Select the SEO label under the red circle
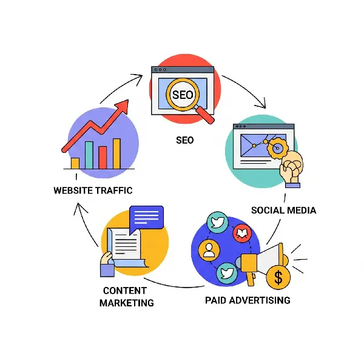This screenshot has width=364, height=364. click(185, 140)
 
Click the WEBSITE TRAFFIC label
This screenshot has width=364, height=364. click(93, 190)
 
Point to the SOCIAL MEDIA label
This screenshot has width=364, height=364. click(284, 210)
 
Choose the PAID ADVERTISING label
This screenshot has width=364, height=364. click(248, 300)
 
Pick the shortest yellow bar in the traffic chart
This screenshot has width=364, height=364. click(75, 163)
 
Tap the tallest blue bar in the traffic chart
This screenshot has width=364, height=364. click(89, 155)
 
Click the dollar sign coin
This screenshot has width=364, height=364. click(278, 278)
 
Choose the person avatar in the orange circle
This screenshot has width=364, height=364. click(209, 249)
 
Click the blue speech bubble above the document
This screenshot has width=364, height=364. click(147, 217)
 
